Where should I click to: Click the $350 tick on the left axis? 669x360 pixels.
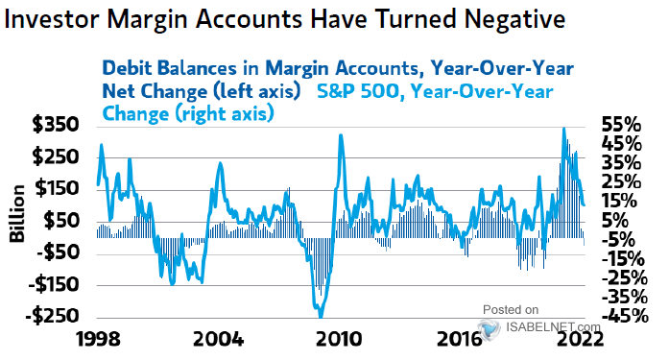coord(54,125)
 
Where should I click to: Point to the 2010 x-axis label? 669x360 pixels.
coord(339,340)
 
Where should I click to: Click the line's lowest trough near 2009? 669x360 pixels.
coord(320,314)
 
